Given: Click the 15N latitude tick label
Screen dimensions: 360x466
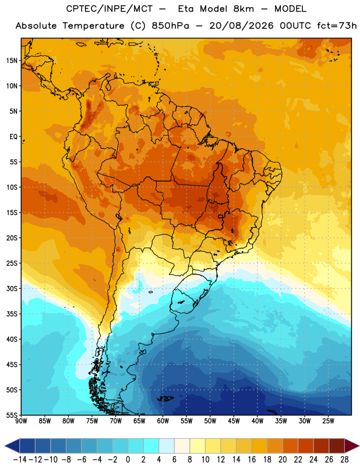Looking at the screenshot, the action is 12,61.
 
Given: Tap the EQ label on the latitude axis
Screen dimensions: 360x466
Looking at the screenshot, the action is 13,137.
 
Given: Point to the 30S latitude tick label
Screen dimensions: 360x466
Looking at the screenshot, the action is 12,288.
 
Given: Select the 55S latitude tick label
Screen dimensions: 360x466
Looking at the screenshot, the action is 12,415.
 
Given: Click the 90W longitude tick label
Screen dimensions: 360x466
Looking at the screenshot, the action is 21,421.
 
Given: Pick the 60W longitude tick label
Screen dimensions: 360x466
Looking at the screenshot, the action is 163,421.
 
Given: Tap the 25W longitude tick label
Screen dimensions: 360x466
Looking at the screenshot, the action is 328,421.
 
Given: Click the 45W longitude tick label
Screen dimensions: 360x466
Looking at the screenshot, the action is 234,421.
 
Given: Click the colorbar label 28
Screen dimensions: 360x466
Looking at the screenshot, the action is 344,460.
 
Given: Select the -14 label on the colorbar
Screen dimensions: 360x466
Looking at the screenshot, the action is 20,460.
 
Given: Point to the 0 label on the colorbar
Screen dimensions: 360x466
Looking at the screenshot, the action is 128,460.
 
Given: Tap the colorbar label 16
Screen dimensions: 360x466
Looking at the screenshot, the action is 252,460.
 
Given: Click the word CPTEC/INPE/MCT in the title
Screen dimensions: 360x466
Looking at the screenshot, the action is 110,9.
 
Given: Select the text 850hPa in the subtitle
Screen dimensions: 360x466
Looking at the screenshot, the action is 170,26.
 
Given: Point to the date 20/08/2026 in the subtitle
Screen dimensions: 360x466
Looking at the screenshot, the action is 241,26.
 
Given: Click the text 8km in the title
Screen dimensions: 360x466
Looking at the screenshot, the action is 243,9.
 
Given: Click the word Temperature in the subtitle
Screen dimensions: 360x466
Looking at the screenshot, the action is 93,26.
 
